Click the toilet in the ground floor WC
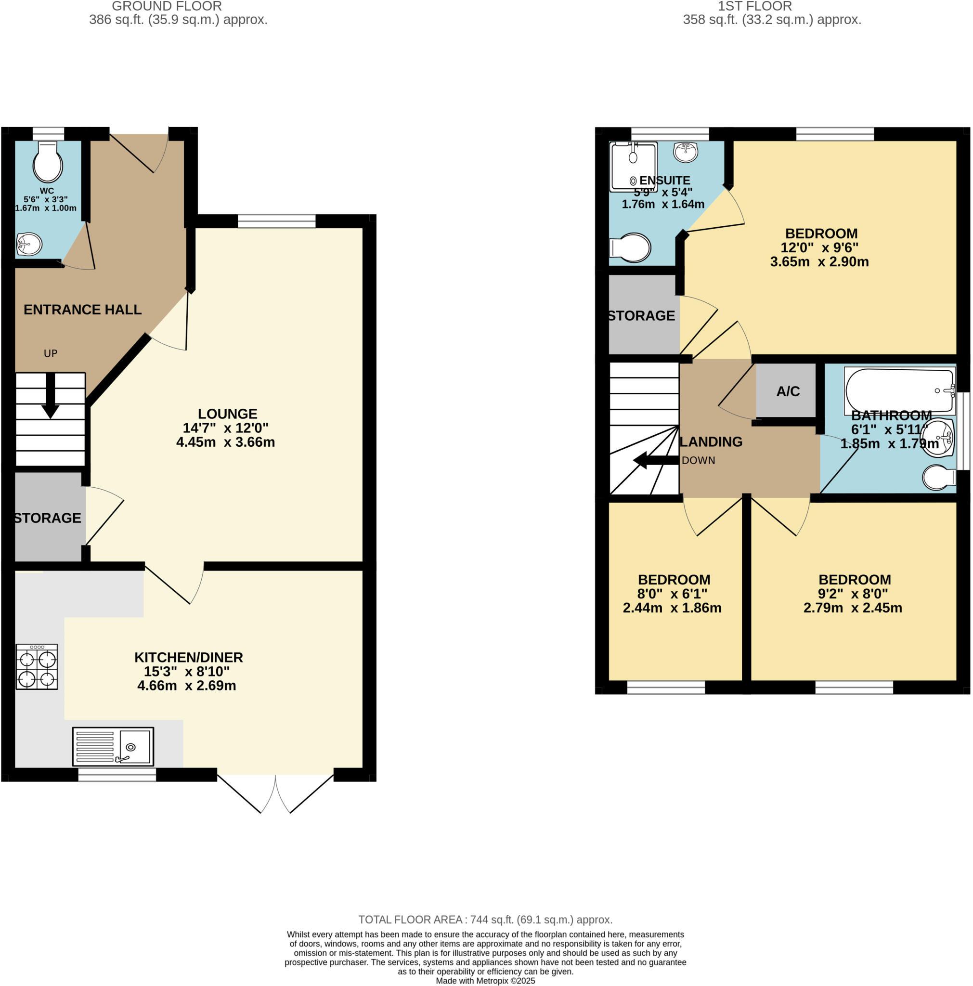click(x=48, y=162)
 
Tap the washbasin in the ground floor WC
click(x=29, y=244)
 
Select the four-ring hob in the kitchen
click(x=37, y=666)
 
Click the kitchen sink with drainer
click(x=113, y=747)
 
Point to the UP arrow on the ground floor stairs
click(x=50, y=396)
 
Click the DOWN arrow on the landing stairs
click(x=656, y=460)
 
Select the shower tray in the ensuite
click(x=633, y=167)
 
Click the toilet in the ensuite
click(x=631, y=247)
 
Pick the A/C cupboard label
click(x=787, y=391)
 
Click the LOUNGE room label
click(x=227, y=414)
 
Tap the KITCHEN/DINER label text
click(x=188, y=657)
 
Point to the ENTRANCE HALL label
click(x=82, y=309)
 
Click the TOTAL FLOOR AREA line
click(x=485, y=920)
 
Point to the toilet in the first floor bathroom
click(x=938, y=477)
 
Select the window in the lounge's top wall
click(x=276, y=221)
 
